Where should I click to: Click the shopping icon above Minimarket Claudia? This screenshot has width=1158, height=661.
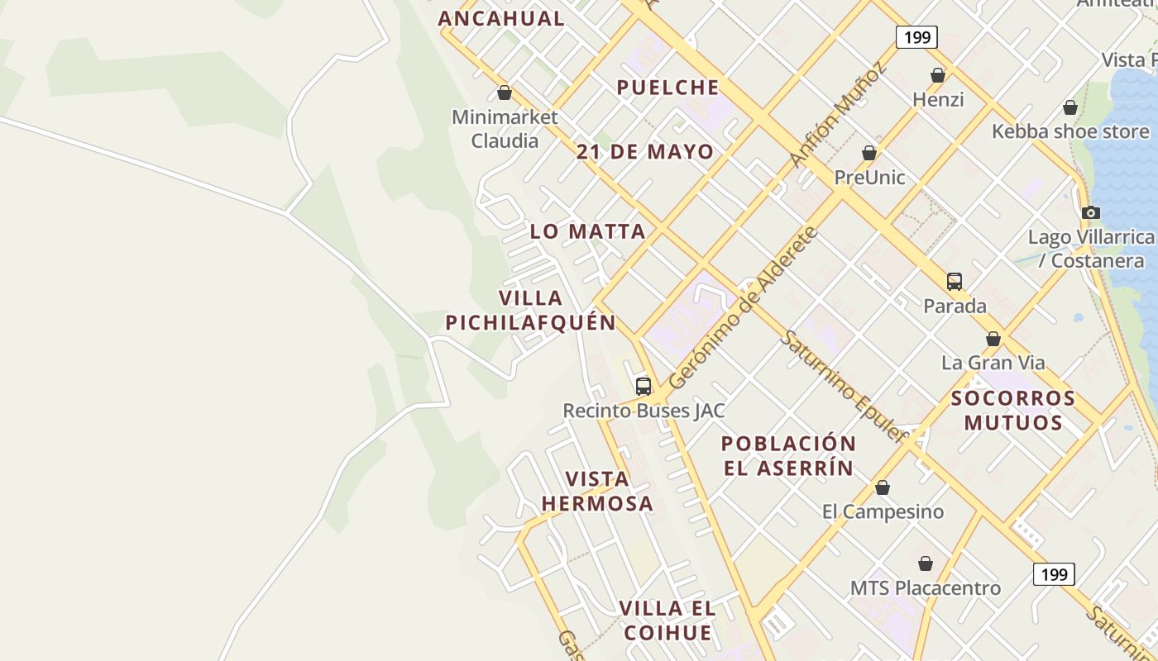504,93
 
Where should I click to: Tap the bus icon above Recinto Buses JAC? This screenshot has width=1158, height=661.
643,386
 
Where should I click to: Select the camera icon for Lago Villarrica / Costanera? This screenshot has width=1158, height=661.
1090,213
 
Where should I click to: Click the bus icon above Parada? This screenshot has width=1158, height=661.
955,281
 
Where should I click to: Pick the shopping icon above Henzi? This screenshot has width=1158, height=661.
937,76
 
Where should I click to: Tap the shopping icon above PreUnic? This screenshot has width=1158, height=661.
868,154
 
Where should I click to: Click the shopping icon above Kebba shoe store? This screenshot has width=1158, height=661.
1069,107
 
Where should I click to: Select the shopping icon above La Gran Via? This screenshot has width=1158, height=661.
993,339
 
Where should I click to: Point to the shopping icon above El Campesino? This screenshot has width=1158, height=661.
883,488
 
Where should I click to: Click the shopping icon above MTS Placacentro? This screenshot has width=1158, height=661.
926,564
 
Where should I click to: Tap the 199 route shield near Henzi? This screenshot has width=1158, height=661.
916,37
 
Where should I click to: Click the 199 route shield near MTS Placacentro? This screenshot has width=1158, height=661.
1054,574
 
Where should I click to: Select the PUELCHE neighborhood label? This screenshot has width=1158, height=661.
668,88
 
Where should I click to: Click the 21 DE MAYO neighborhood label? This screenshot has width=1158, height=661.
645,152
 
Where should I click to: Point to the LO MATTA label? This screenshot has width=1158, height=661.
587,231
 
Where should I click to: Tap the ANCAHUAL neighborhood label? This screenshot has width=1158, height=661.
501,18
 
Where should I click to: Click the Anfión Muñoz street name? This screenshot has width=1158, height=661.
837,114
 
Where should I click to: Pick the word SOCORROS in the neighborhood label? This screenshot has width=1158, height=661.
1013,398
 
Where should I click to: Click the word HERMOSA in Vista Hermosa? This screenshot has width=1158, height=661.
597,503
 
